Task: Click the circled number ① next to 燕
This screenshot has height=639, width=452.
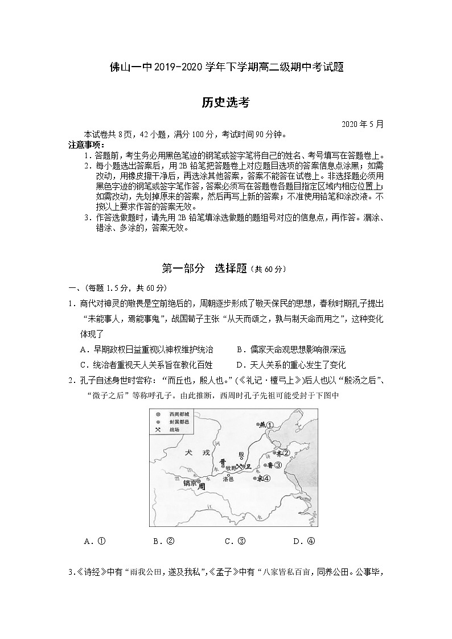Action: tap(270, 424)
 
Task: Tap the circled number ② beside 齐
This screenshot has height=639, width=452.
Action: tap(286, 453)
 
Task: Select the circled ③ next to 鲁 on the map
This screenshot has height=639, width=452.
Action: tap(278, 465)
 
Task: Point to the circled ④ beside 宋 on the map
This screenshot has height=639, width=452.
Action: tap(265, 479)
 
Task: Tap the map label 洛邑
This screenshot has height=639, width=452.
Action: tap(228, 480)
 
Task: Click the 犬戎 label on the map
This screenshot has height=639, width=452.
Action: tap(194, 452)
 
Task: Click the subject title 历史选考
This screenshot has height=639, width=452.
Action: tap(225, 102)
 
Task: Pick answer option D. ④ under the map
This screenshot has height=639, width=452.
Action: tap(303, 541)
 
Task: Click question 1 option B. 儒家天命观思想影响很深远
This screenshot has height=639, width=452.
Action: tap(290, 349)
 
